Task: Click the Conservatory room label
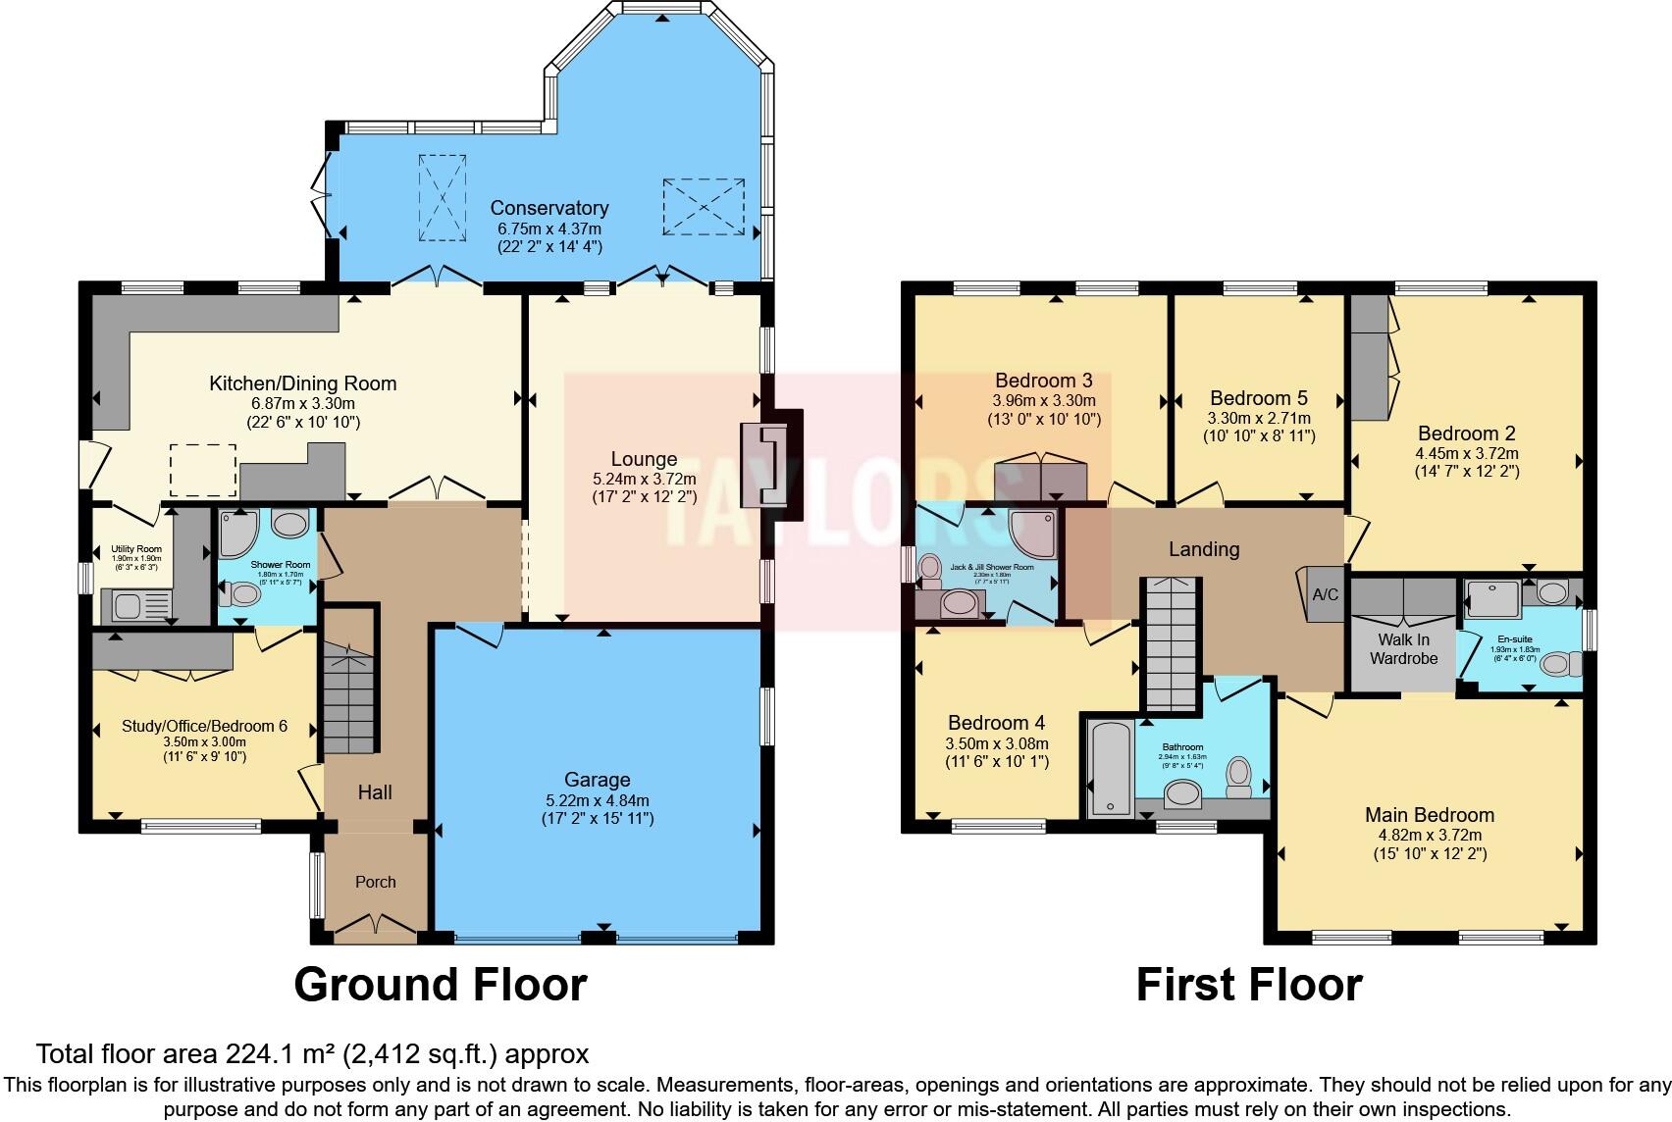pos(549,208)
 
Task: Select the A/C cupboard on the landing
pos(1325,594)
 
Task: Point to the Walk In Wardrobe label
pos(1403,649)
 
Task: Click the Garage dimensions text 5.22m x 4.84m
pos(597,800)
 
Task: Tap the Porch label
pos(375,882)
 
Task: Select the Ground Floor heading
pos(441,984)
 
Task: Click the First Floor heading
pos(1248,984)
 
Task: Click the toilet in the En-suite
pos(1560,664)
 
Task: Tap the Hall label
pos(375,791)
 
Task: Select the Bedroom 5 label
pos(1258,398)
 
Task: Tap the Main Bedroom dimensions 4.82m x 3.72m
pos(1430,836)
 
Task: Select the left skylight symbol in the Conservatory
pos(442,197)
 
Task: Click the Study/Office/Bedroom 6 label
pos(204,726)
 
